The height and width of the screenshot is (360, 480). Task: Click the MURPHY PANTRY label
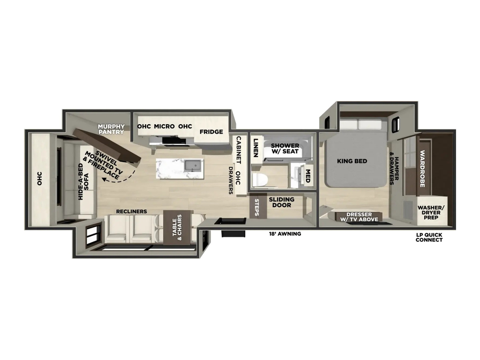coord(112,129)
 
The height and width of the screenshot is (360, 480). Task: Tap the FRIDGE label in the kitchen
coord(211,132)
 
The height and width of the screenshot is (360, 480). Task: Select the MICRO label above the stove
coord(164,126)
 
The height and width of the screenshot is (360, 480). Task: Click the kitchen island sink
coord(193,165)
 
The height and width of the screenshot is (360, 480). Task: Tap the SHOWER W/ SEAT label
coord(285,149)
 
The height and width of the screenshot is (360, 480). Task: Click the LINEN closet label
coord(256,148)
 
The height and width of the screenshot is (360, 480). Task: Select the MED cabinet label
coord(307,176)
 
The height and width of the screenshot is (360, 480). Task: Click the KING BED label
coord(352,161)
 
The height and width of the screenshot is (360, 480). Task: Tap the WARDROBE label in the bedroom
coord(422,168)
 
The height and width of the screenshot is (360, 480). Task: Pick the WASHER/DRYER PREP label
coord(431,212)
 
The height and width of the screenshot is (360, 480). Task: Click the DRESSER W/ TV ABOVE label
coord(359,217)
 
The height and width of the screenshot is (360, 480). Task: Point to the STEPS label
coord(256,208)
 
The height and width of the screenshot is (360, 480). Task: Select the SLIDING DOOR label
coord(282,202)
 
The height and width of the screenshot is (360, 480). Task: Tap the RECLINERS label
coord(131,211)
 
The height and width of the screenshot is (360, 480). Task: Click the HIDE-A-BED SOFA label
coord(83,182)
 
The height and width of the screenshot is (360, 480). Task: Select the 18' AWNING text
coord(285,234)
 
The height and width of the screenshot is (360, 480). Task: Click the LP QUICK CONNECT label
coord(429,237)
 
